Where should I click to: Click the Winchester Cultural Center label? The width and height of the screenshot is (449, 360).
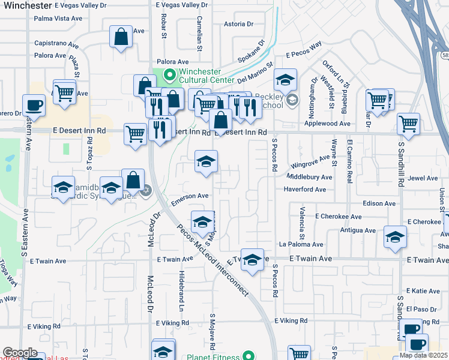pyautogui.click(x=206, y=76)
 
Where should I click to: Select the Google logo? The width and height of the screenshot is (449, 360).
pyautogui.click(x=19, y=353)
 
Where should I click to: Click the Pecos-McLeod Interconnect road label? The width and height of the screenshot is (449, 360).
pyautogui.click(x=213, y=259)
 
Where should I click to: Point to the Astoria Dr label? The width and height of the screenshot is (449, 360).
pyautogui.click(x=238, y=25)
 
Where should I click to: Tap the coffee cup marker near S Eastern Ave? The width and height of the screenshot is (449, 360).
pyautogui.click(x=34, y=106)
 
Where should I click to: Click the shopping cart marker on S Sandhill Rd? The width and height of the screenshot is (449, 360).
pyautogui.click(x=409, y=124)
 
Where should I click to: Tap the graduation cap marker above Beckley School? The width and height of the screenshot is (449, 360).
pyautogui.click(x=286, y=79)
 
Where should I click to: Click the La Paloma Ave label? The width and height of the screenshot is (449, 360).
pyautogui.click(x=301, y=244)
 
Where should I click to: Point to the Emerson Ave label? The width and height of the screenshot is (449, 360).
pyautogui.click(x=190, y=196)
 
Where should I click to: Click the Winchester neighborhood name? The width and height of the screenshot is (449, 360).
pyautogui.click(x=27, y=5)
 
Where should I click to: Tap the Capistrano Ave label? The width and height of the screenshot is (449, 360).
pyautogui.click(x=56, y=44)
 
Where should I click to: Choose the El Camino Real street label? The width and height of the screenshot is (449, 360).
pyautogui.click(x=349, y=160)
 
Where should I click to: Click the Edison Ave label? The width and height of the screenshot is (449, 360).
pyautogui.click(x=379, y=203)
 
